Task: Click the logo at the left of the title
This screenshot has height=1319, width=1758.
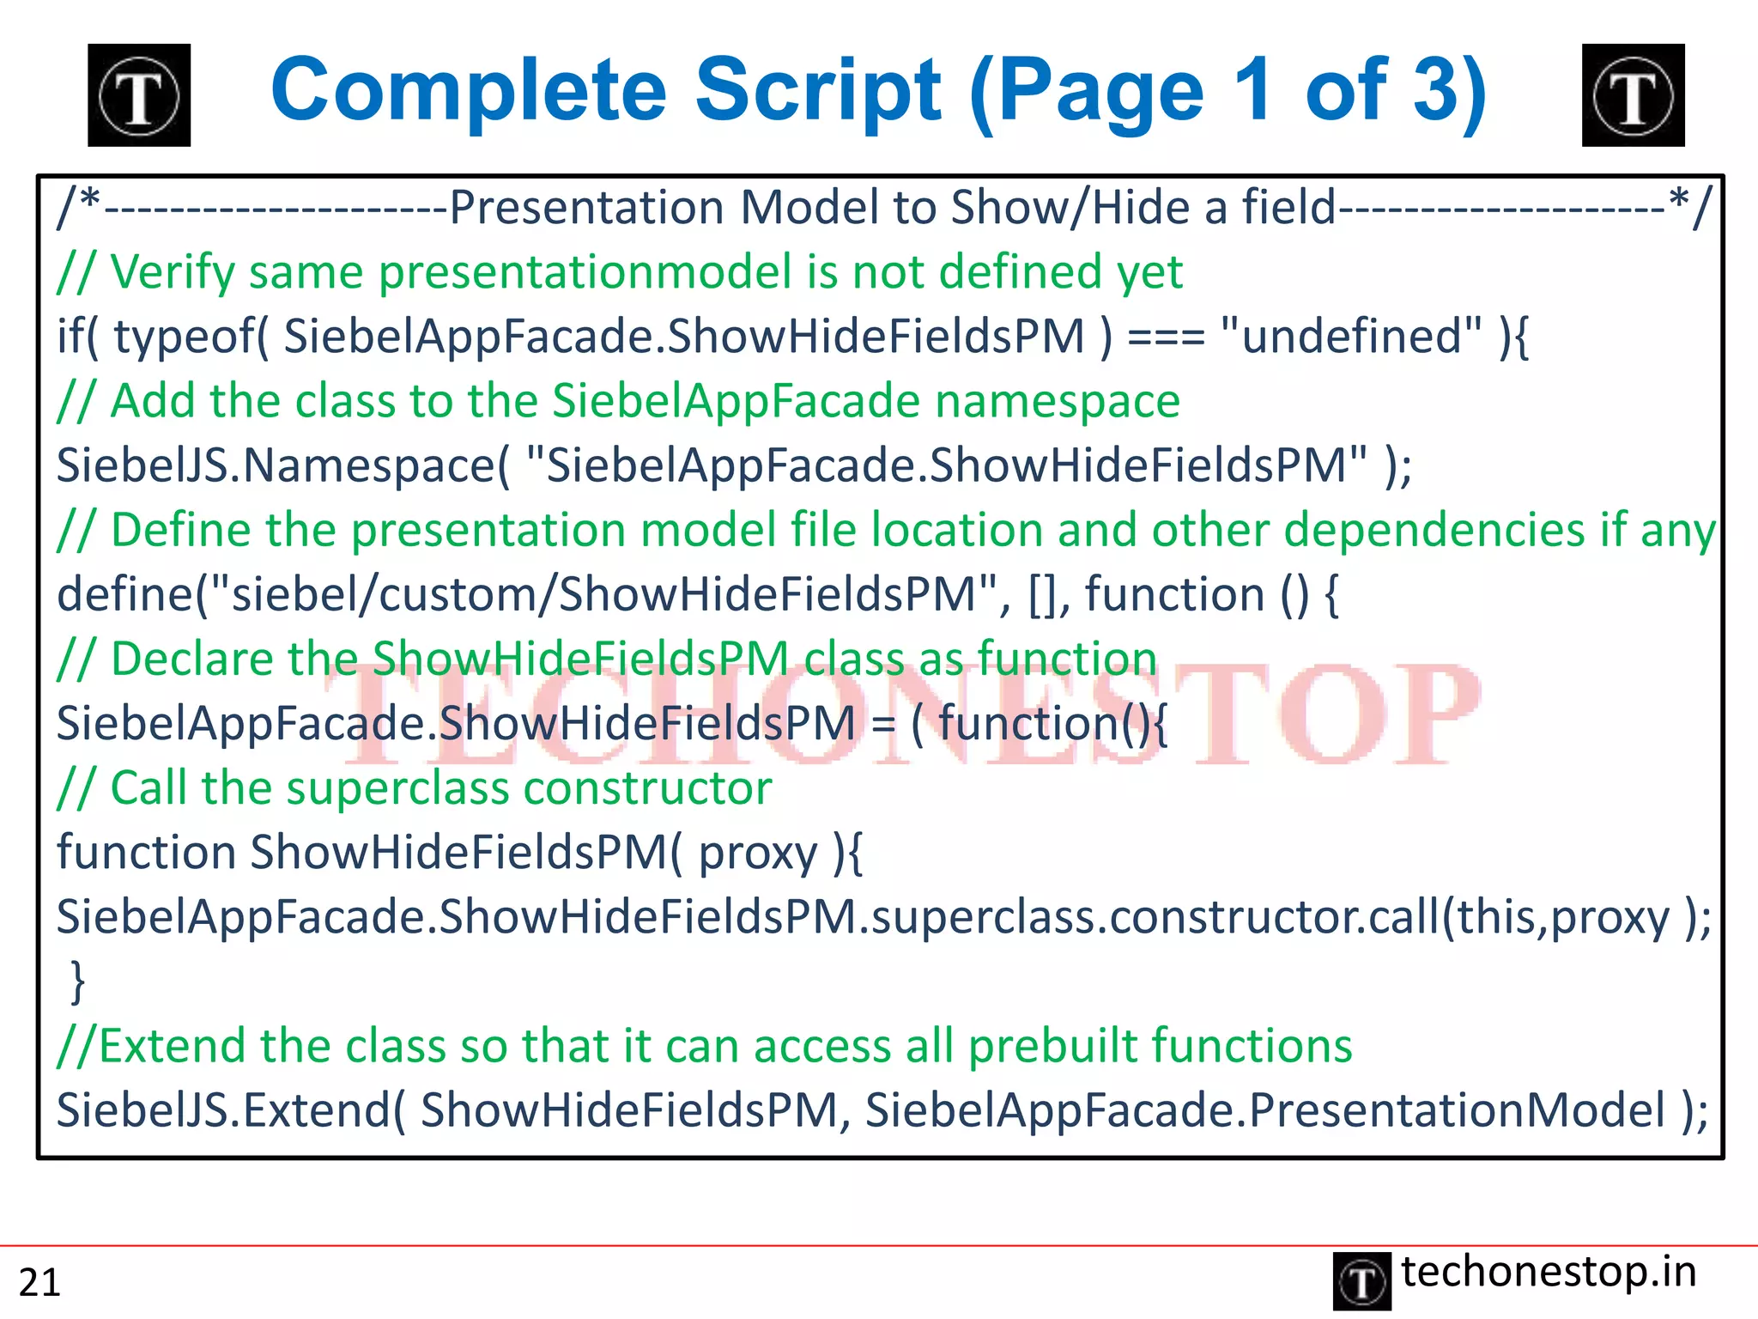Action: pos(139,95)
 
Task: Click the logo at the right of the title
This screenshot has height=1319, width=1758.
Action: pos(1633,95)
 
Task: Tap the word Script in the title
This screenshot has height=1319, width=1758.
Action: pos(818,90)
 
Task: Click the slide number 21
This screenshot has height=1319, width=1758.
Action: pos(39,1282)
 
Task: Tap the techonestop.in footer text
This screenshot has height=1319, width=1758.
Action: pos(1549,1272)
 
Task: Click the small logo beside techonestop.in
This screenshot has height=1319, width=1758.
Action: pos(1361,1281)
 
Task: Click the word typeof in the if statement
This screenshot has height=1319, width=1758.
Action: pos(191,337)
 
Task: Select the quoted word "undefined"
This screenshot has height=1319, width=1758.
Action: pos(1350,336)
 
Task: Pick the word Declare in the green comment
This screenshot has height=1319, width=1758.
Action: pos(191,659)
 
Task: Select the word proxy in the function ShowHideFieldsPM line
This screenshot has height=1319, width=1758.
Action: pos(758,854)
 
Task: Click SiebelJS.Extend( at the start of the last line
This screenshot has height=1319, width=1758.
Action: pos(231,1110)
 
